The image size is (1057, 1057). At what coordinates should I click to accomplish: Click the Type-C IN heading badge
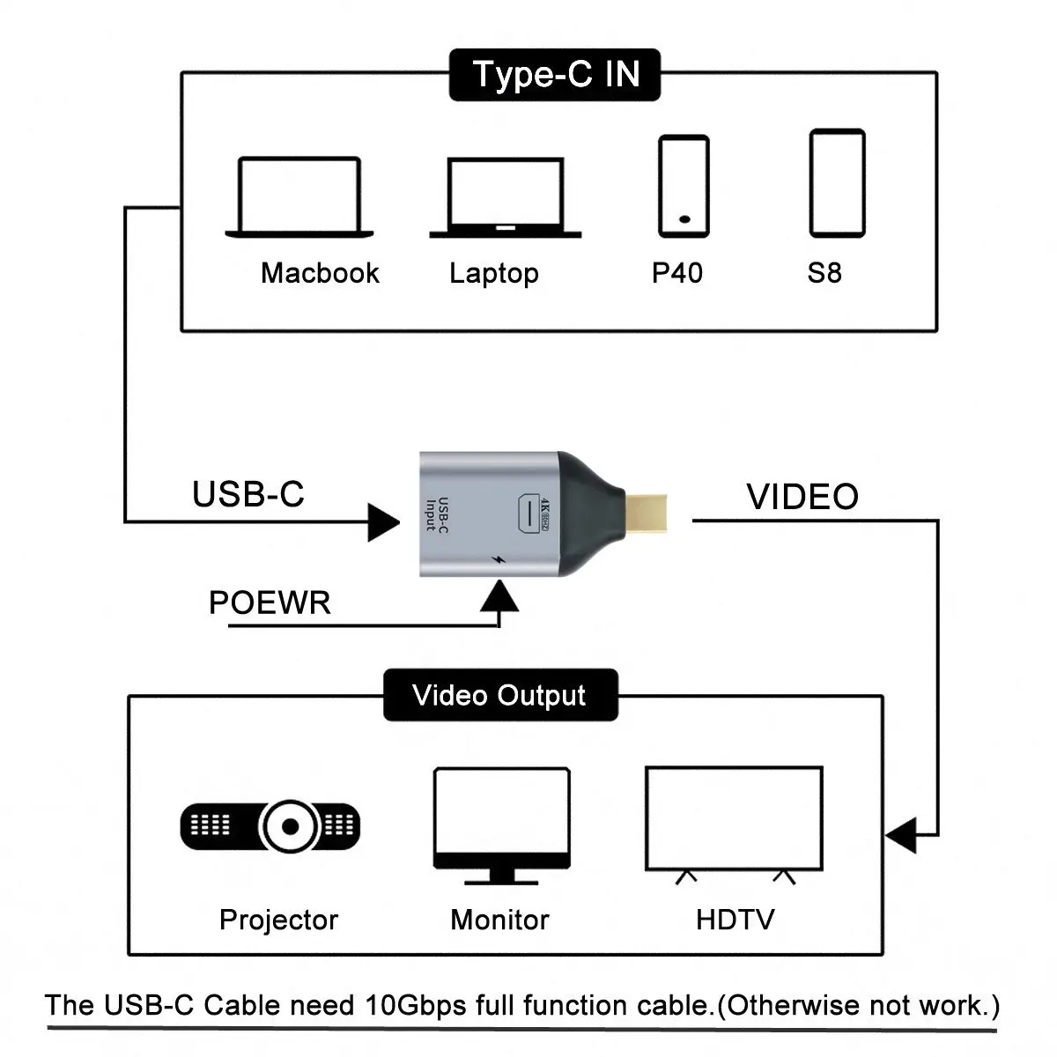[555, 75]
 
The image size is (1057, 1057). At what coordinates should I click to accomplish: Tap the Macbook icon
[299, 197]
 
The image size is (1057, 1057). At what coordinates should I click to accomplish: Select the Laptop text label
[493, 273]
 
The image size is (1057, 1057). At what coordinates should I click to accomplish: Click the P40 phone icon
[684, 186]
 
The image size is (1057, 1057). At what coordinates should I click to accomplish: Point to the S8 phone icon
[837, 183]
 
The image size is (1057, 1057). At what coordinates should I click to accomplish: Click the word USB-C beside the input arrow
[248, 494]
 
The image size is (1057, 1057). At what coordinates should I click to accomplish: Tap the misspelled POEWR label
[270, 603]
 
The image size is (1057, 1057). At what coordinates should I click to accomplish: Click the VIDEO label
[802, 497]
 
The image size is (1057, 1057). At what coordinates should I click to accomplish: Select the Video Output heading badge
[500, 696]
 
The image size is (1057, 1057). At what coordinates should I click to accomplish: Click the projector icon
[271, 826]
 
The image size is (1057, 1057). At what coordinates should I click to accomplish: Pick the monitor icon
[501, 824]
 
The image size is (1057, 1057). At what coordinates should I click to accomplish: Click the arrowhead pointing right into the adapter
[383, 522]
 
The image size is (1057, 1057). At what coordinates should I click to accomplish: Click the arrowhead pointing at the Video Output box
[901, 834]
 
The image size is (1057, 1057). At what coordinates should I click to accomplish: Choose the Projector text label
[278, 920]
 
